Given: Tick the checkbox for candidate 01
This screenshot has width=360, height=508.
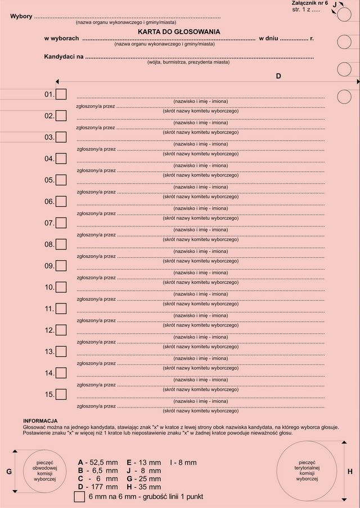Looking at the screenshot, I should tap(61, 94).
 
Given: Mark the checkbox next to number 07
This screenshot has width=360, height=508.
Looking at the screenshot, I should tap(61, 223).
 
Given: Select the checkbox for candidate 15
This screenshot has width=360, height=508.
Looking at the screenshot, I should tap(61, 394).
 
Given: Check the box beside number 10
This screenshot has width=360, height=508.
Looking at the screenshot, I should tap(61, 287).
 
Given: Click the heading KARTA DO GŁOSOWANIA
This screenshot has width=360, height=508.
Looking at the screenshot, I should tap(179, 32).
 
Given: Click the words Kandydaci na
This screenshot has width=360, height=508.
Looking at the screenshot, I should tap(64, 57).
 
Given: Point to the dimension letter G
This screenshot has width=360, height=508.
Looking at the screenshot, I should tap(9, 472).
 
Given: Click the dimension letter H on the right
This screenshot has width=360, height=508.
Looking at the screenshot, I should tap(350, 471).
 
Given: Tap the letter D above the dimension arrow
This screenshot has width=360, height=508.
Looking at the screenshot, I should tap(278, 76).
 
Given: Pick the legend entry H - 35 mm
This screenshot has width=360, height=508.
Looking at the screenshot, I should tap(144, 487).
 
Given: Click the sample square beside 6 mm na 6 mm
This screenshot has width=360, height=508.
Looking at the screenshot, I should tap(79, 497).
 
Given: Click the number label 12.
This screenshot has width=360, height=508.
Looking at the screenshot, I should tap(49, 330).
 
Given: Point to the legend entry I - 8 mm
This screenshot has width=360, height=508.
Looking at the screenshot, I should tap(183, 462).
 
